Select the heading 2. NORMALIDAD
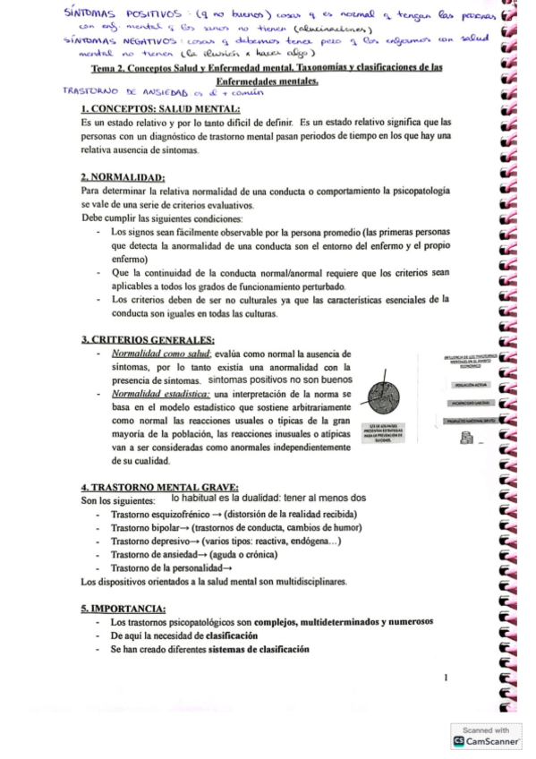pos(122,177)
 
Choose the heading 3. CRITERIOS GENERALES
pos(148,340)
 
